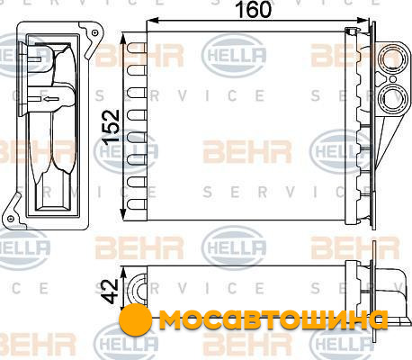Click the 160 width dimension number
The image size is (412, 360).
coord(254,9)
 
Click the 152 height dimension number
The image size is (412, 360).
coord(111,128)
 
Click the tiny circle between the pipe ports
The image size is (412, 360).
coord(393,79)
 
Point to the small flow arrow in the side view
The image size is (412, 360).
coord(50,99)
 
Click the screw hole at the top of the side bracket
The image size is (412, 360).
coord(94,32)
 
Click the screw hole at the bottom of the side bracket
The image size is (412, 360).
coord(11,218)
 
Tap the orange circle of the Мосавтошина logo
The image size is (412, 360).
coord(135,319)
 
